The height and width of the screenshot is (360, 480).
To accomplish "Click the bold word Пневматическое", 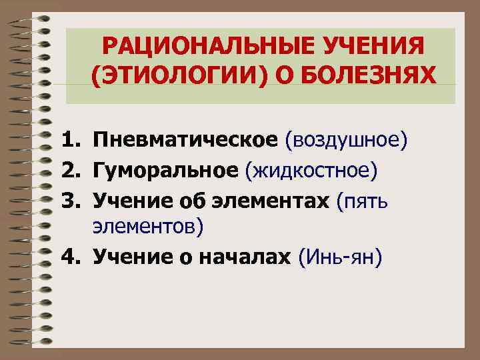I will pos(185,140).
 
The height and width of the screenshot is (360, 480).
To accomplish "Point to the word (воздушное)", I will pos(345,140).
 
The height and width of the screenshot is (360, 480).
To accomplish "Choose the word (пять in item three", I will pos(366,201).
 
